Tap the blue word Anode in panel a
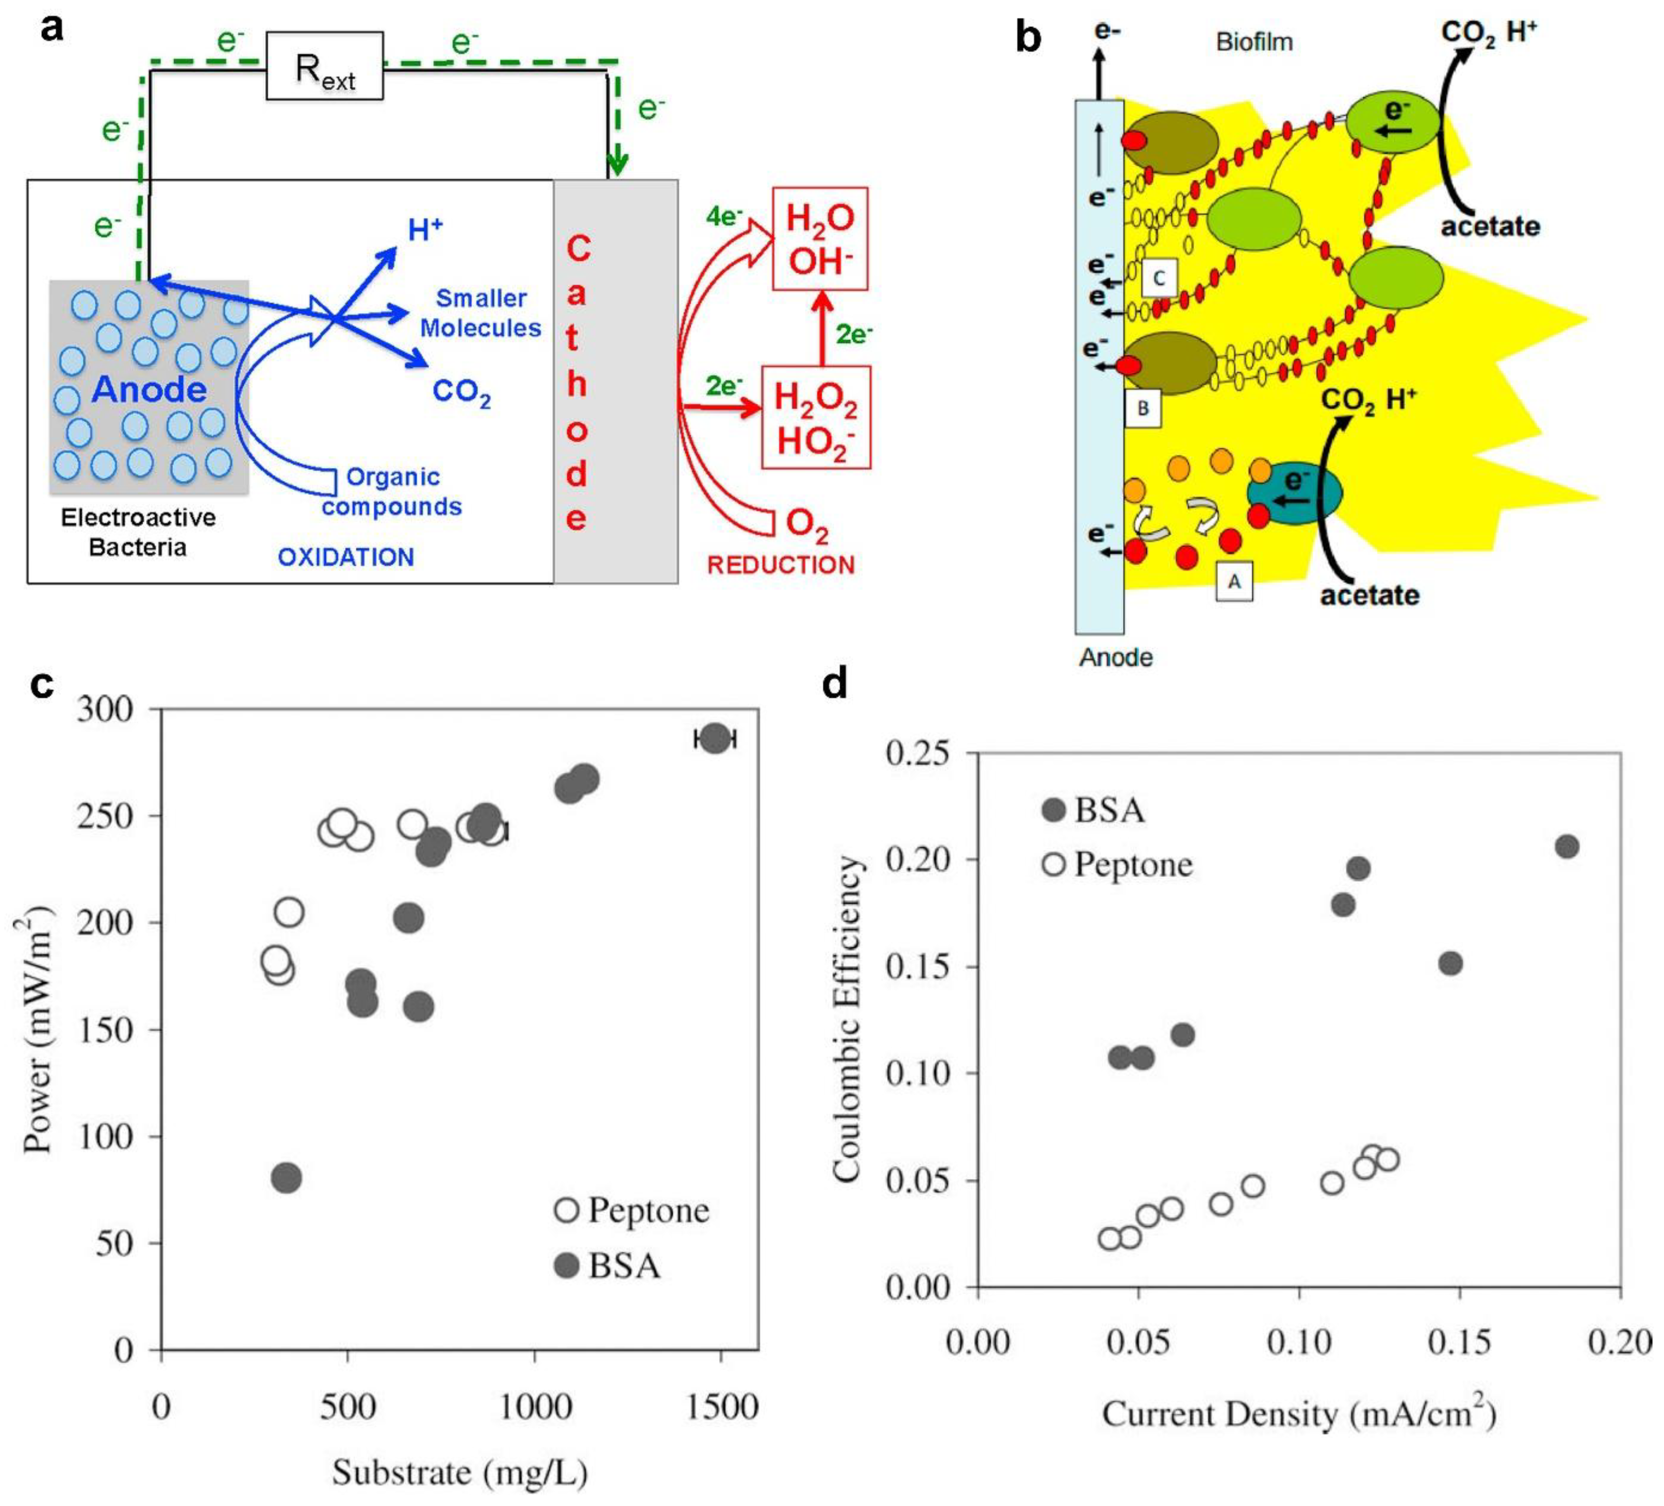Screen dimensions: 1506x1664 [x=149, y=390]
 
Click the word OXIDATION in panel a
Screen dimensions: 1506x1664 [x=346, y=557]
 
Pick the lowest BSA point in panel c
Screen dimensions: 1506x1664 [x=286, y=1178]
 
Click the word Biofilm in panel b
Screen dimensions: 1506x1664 [x=1254, y=42]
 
